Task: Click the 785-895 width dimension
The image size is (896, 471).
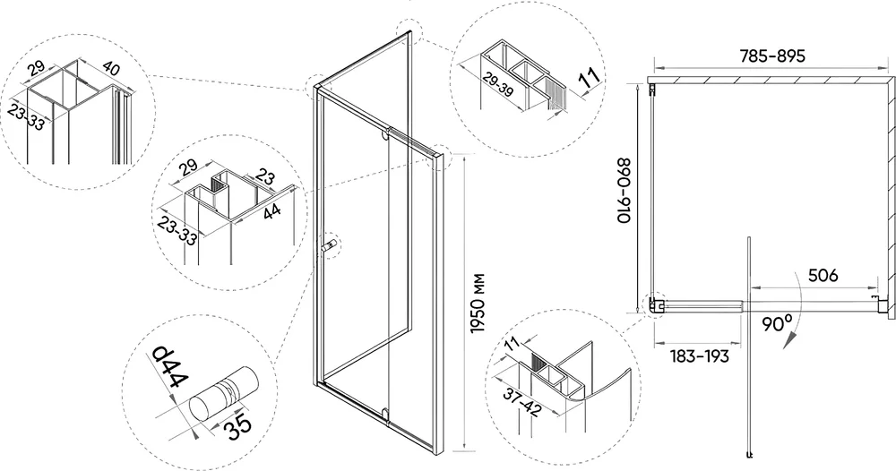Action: point(770,55)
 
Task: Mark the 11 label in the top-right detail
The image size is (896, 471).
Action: point(589,79)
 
